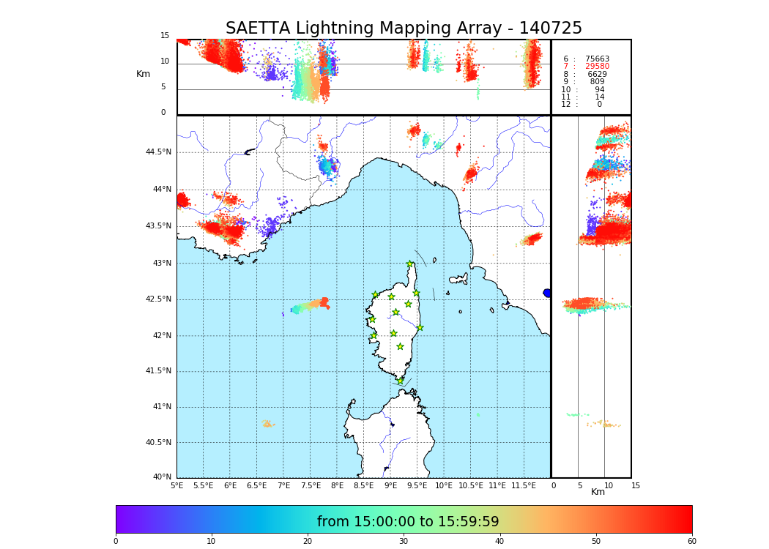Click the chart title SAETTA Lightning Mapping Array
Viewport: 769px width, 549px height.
[404, 29]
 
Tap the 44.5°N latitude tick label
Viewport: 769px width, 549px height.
[158, 152]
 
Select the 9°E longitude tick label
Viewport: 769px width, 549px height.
[390, 485]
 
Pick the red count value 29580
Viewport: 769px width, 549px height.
[597, 67]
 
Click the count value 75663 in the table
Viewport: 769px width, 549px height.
[597, 59]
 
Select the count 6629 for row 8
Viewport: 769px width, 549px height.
[597, 75]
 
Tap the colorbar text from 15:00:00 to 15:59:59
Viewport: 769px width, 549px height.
[408, 522]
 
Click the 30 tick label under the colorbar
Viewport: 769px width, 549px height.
[404, 541]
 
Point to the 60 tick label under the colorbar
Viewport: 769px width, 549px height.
[691, 541]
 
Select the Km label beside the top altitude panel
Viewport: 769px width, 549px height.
[143, 74]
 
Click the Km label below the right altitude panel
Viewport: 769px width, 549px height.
[598, 492]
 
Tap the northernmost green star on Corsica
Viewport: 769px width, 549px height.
[410, 264]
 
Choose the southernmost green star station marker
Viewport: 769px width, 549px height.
[400, 381]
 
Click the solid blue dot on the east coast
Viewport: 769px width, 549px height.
[547, 293]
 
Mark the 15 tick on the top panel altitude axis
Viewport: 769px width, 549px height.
[165, 36]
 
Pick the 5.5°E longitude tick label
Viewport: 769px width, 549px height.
[203, 485]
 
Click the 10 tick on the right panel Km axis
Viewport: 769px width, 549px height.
[609, 485]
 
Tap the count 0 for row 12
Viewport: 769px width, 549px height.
[599, 105]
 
